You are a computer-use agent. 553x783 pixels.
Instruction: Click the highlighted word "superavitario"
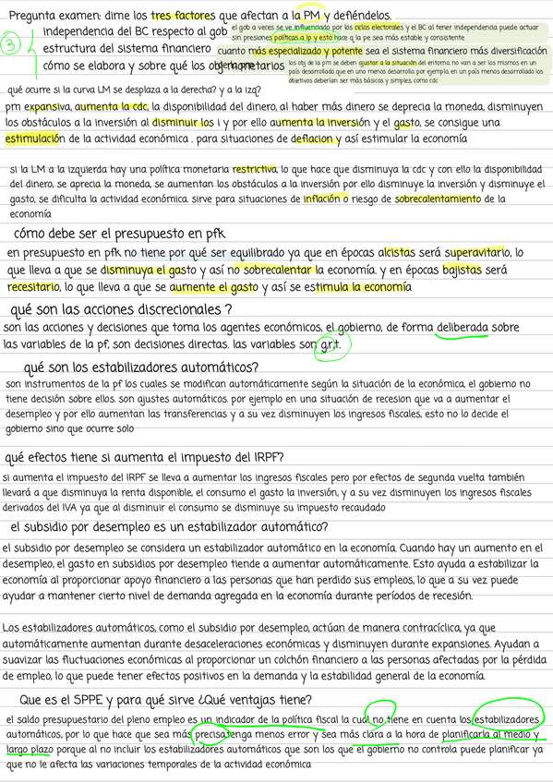(479, 252)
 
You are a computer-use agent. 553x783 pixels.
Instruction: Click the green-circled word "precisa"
(211, 735)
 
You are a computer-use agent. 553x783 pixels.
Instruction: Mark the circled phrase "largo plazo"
(28, 751)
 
